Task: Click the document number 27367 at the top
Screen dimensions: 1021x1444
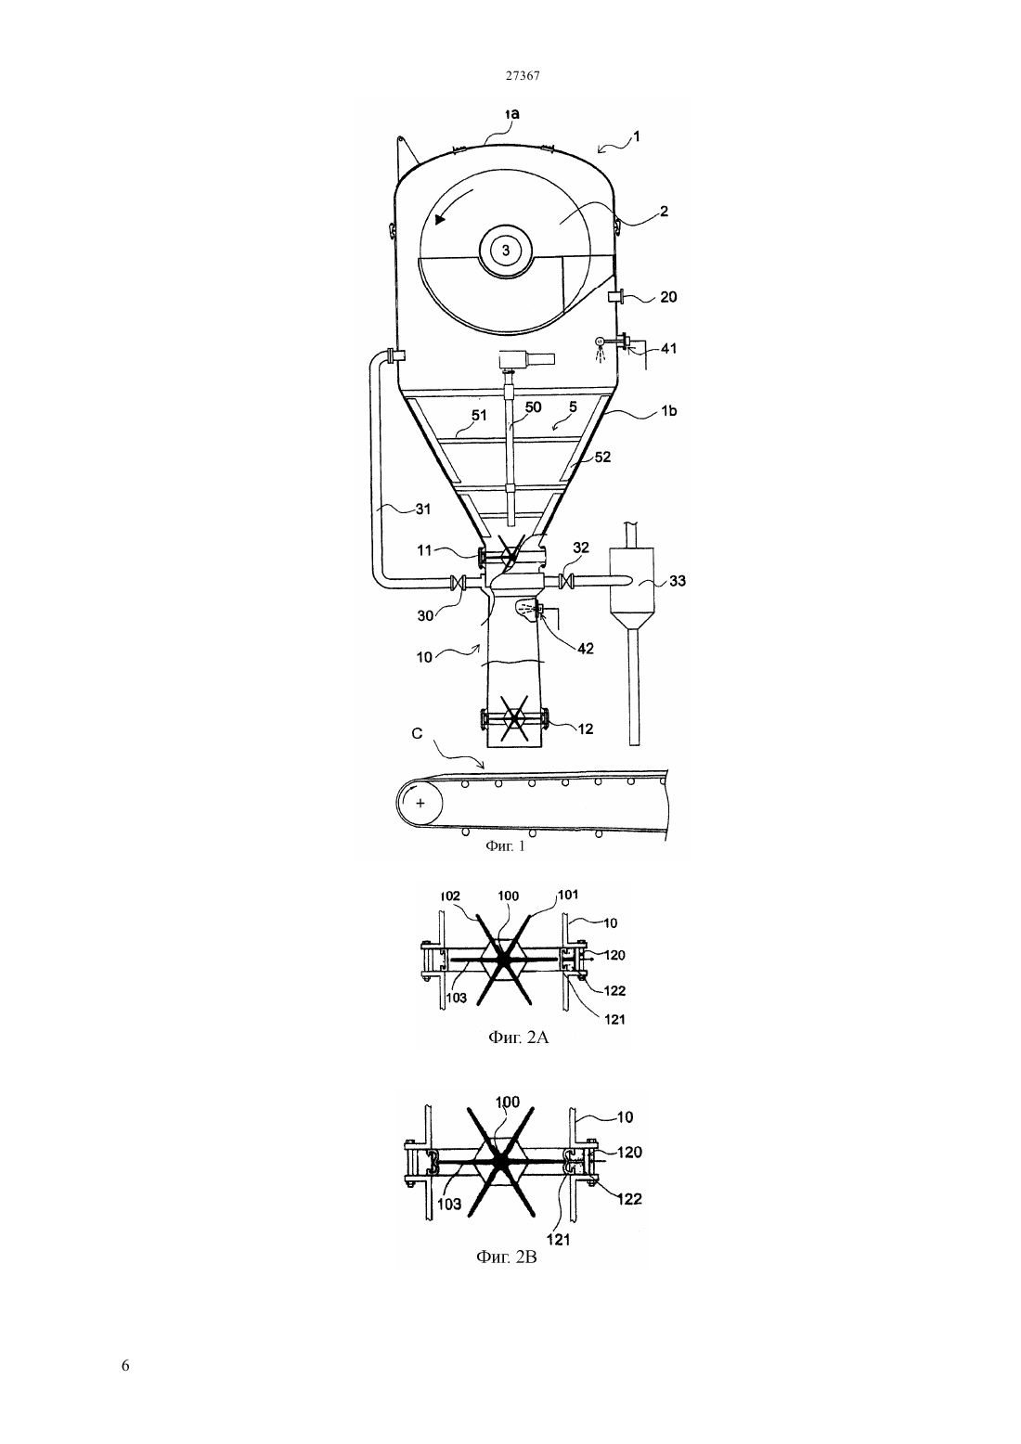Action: pyautogui.click(x=522, y=75)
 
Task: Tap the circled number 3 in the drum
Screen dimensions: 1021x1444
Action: pyautogui.click(x=506, y=251)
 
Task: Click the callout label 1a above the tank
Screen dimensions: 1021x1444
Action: pyautogui.click(x=511, y=114)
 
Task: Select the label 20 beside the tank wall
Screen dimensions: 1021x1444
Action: pyautogui.click(x=668, y=297)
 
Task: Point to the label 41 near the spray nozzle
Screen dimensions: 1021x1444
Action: pyautogui.click(x=669, y=348)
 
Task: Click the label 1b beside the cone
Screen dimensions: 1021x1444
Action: pyautogui.click(x=669, y=410)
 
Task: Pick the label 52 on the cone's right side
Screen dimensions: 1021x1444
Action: pyautogui.click(x=602, y=458)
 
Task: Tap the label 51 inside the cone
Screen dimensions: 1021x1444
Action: pyautogui.click(x=479, y=416)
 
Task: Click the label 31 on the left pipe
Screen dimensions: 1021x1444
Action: pyautogui.click(x=423, y=509)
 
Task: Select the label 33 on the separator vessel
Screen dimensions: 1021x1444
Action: pyautogui.click(x=678, y=581)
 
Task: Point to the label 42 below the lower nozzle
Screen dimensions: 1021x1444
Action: pyautogui.click(x=586, y=649)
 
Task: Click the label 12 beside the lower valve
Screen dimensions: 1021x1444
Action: pyautogui.click(x=586, y=729)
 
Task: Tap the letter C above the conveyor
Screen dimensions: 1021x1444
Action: pyautogui.click(x=417, y=734)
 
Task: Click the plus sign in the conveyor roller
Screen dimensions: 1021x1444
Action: pyautogui.click(x=420, y=804)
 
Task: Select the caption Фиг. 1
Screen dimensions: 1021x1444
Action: pyautogui.click(x=505, y=845)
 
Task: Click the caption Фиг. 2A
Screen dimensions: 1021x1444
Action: pyautogui.click(x=518, y=1038)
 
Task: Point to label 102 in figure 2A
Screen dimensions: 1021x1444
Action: pyautogui.click(x=450, y=896)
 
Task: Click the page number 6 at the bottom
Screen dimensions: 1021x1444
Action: pyautogui.click(x=125, y=1365)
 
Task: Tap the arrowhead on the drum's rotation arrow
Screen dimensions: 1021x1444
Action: pyautogui.click(x=440, y=219)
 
